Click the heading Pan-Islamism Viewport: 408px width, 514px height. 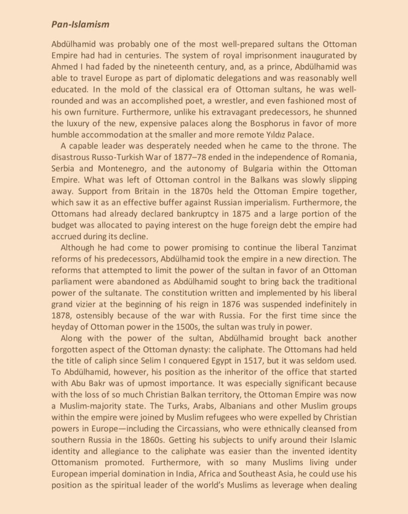80,24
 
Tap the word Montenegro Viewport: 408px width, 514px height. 107,168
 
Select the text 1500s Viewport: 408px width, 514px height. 176,326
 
